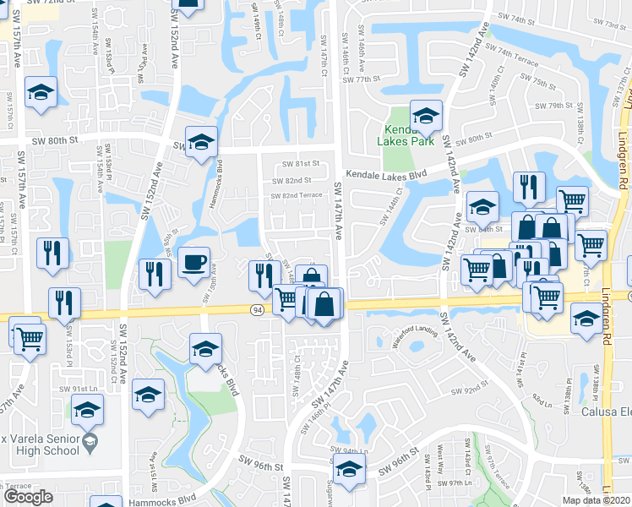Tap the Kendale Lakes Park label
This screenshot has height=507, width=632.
click(410, 135)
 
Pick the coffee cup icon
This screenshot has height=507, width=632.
click(193, 263)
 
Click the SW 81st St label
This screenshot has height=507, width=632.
click(303, 164)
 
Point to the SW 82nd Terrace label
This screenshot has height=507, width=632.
click(297, 196)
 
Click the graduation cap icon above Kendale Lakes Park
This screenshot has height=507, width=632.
click(426, 115)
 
